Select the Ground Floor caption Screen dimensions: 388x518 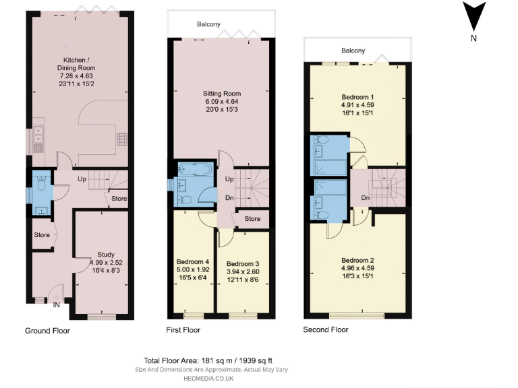(47, 331)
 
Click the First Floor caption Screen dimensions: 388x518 (183, 330)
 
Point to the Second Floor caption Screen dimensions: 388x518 (326, 329)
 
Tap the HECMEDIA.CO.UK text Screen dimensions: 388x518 (208, 379)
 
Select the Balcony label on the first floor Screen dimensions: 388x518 (208, 25)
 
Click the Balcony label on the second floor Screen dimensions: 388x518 (353, 51)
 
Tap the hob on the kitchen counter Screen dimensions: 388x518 (122, 140)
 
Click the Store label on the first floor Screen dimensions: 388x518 (252, 218)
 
